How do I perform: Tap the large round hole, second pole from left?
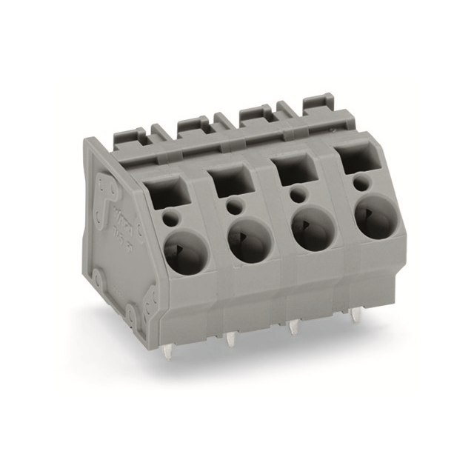[246, 241]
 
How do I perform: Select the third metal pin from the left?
[295, 328]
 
